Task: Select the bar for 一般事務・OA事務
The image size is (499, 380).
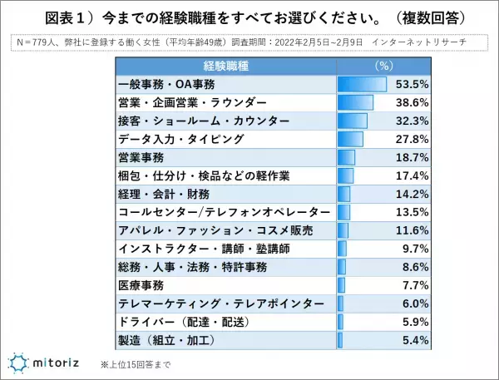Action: (x=362, y=85)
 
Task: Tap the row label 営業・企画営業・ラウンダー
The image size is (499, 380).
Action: (x=180, y=103)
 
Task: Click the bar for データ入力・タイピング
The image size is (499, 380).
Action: (x=350, y=139)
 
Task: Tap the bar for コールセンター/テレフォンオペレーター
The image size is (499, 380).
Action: (x=343, y=212)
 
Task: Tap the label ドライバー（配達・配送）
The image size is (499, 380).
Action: (x=181, y=322)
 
